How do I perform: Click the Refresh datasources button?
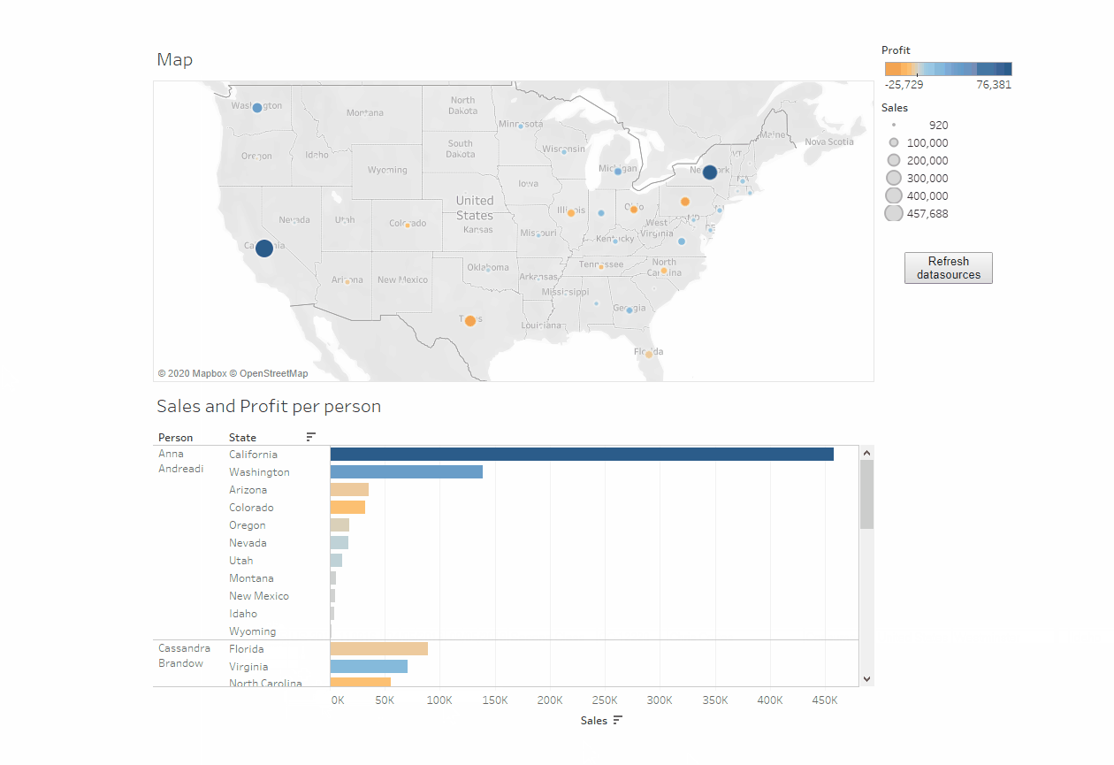948,268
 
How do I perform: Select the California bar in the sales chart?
581,455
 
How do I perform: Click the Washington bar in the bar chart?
406,472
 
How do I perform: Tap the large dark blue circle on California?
264,249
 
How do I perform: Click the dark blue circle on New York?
710,172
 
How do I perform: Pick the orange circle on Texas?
470,321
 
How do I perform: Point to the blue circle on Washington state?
257,108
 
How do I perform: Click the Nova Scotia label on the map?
828,142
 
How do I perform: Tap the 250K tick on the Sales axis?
605,700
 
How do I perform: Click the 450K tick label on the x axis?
825,700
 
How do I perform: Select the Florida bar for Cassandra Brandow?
378,649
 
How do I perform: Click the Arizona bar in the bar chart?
349,490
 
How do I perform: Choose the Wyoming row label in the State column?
252,631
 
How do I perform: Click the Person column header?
175,438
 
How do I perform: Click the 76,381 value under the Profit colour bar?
994,85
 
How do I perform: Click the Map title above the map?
174,60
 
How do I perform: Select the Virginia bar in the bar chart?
369,667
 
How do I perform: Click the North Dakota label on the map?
462,105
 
